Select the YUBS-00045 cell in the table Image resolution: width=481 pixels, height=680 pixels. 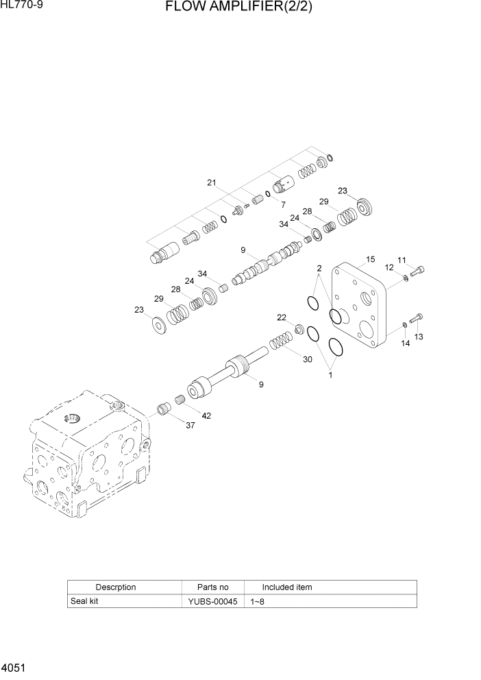pyautogui.click(x=212, y=601)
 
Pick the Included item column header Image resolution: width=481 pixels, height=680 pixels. pyautogui.click(x=287, y=587)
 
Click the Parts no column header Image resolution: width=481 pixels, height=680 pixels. pyautogui.click(x=212, y=587)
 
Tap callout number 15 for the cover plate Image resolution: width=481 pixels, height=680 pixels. pyautogui.click(x=370, y=259)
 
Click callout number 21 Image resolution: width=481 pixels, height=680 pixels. pyautogui.click(x=212, y=182)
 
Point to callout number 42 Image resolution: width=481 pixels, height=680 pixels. pyautogui.click(x=206, y=415)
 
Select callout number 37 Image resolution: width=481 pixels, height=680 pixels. pyautogui.click(x=190, y=426)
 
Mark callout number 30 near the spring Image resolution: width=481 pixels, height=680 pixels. pyautogui.click(x=307, y=359)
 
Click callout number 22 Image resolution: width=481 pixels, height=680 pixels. pyautogui.click(x=281, y=317)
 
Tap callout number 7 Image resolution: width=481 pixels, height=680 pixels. pyautogui.click(x=282, y=204)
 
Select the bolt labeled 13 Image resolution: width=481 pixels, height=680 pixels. pyautogui.click(x=415, y=317)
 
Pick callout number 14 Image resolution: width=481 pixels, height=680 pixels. pyautogui.click(x=405, y=343)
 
